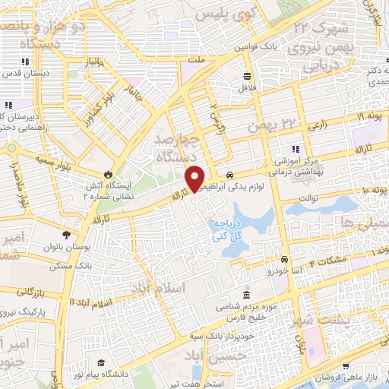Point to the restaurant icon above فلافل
pyautogui.click(x=248, y=75)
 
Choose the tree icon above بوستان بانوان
pyautogui.click(x=65, y=236)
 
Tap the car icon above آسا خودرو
pyautogui.click(x=285, y=259)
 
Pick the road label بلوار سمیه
pyautogui.click(x=55, y=162)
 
